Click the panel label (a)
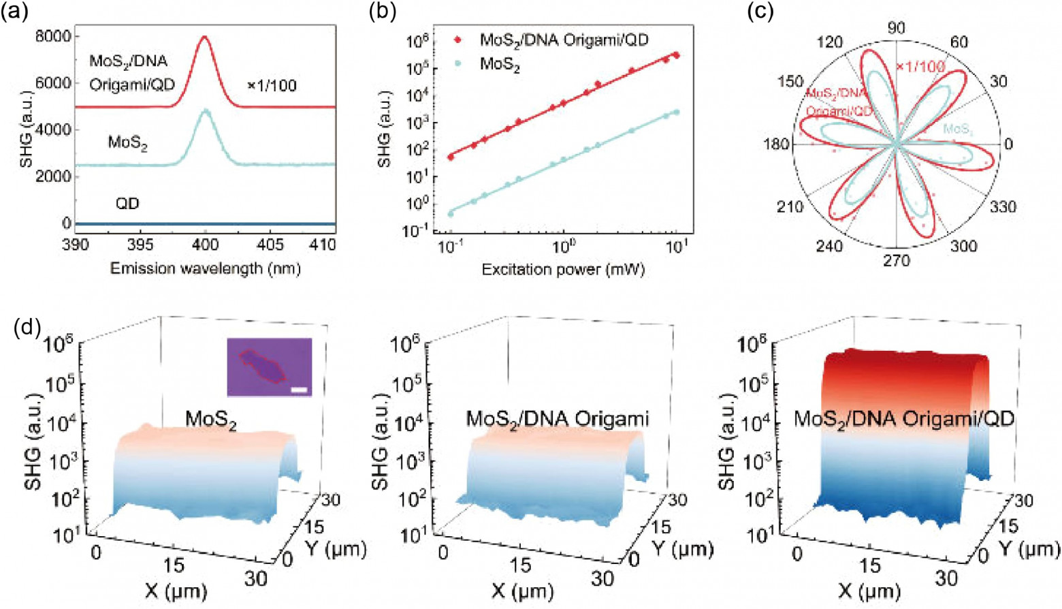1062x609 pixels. coord(14,13)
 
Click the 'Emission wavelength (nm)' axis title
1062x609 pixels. coord(205,268)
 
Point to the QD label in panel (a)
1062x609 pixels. coord(127,204)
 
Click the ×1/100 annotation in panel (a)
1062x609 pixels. coord(272,86)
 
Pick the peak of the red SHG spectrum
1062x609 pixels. coord(204,37)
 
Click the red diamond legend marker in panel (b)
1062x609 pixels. coord(457,40)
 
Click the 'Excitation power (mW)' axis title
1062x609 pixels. coord(563,269)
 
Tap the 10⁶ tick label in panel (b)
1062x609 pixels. coord(416,41)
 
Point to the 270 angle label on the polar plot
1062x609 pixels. coord(897,261)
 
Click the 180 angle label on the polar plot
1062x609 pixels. coord(777,144)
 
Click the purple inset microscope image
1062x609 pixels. coord(269,366)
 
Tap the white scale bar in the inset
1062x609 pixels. coord(299,390)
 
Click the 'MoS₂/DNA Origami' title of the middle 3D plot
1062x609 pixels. coord(557,418)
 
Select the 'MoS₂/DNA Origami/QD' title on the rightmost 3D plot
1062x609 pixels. coord(904,418)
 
